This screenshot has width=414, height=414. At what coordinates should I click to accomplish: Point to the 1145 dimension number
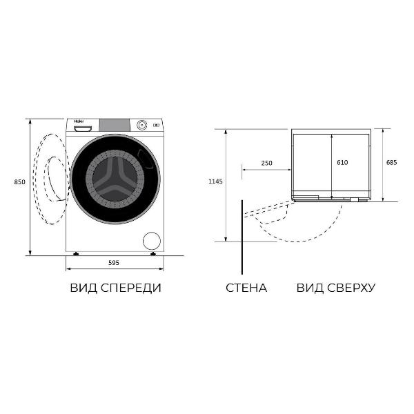[x=216, y=182]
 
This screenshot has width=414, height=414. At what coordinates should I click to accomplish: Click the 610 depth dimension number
[x=342, y=163]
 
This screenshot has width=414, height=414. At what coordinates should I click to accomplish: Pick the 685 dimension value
[x=391, y=163]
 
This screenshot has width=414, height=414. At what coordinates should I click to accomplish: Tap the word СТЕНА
[x=246, y=288]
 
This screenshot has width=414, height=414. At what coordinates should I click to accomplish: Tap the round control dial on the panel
[x=142, y=125]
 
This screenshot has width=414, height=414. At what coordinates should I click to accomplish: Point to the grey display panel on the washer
[x=115, y=125]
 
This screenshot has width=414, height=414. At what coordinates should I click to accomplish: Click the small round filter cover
[x=150, y=241]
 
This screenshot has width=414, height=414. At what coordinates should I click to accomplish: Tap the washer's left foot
[x=75, y=253]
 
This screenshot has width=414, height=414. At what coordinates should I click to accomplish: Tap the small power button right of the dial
[x=156, y=125]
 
